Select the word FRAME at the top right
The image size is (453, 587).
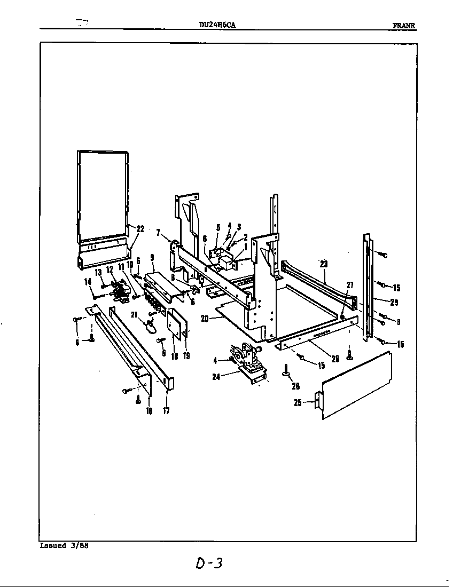(x=404, y=25)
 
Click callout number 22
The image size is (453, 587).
(x=140, y=229)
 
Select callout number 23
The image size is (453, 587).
(x=323, y=263)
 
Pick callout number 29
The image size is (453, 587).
(x=394, y=303)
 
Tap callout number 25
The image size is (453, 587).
(x=298, y=403)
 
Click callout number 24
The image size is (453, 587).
(x=217, y=377)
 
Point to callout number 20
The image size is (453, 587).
(x=205, y=319)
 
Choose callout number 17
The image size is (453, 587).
(x=166, y=411)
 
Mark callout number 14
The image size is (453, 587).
(x=88, y=282)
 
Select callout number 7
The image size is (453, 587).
(x=158, y=232)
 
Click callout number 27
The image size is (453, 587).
(x=350, y=284)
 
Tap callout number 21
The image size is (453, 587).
(x=135, y=314)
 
